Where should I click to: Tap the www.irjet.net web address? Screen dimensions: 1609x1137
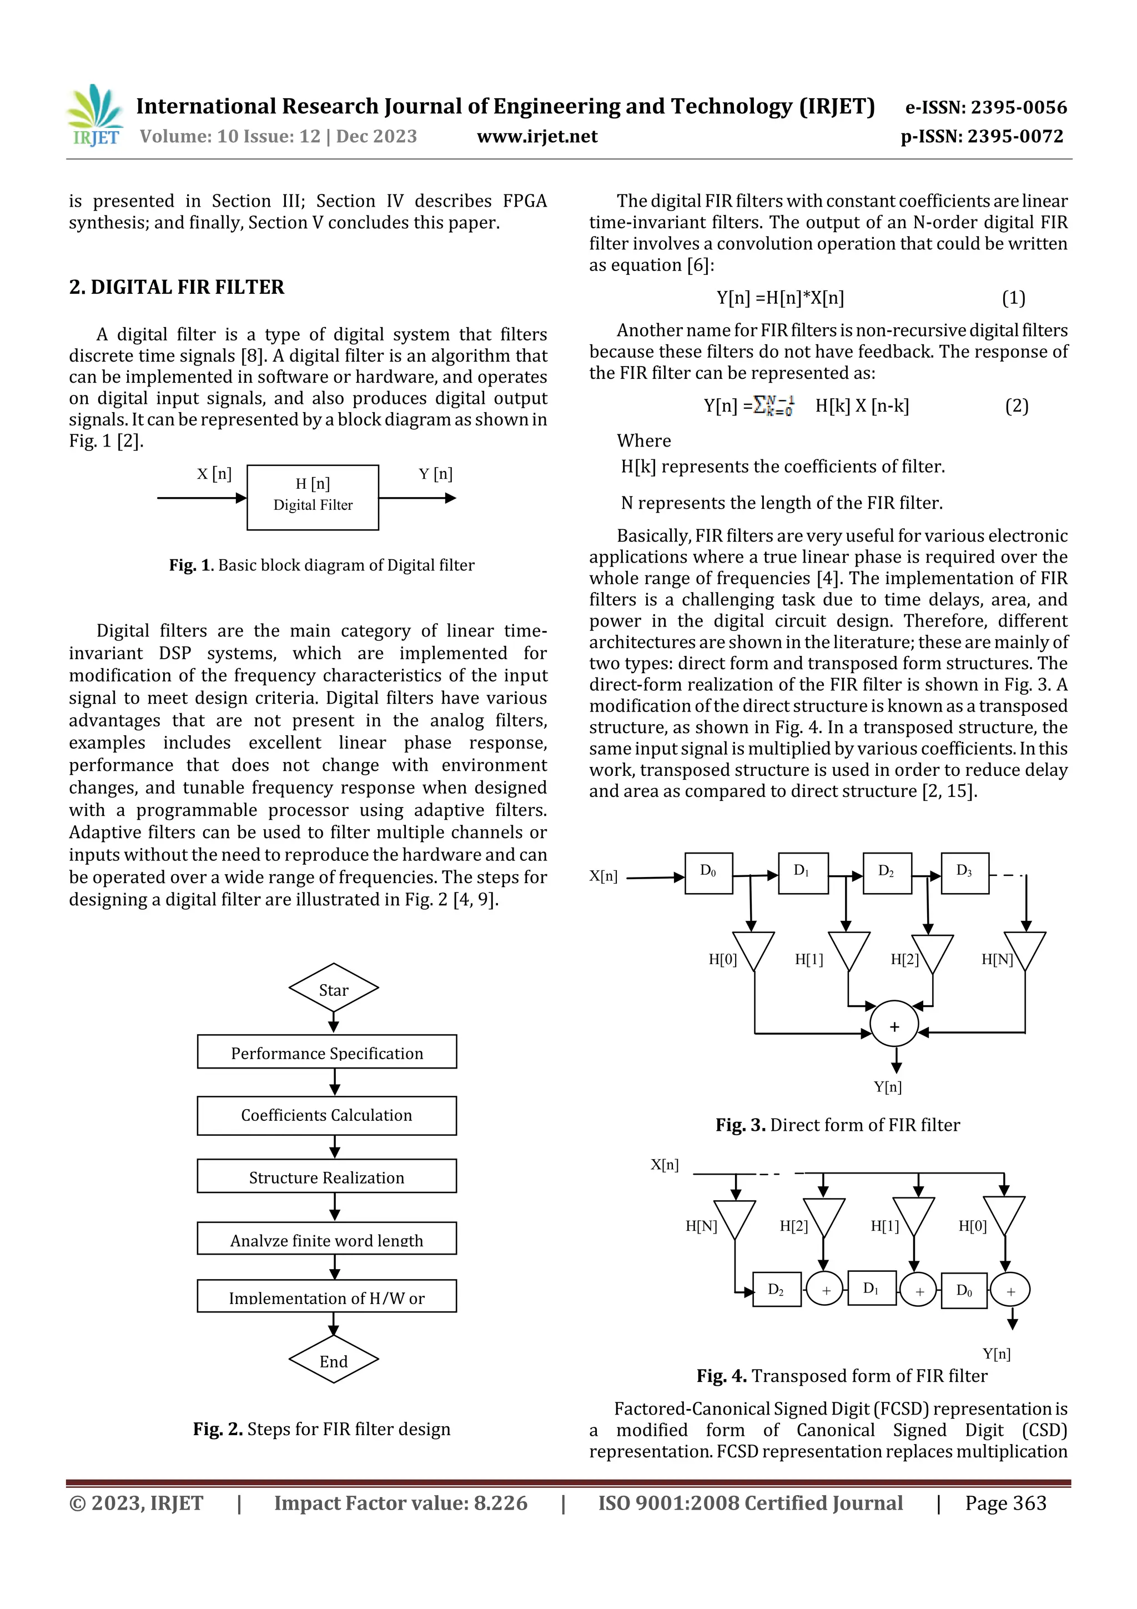(x=537, y=137)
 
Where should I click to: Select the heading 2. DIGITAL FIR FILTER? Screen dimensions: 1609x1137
(x=177, y=287)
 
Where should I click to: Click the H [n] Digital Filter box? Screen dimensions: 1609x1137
(x=313, y=497)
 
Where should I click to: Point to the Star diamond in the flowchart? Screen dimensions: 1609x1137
(x=334, y=989)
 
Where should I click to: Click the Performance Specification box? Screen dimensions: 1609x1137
(x=326, y=1052)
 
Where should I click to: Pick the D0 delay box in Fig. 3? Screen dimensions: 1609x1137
(x=708, y=873)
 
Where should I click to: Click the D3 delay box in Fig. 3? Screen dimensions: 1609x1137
(x=965, y=873)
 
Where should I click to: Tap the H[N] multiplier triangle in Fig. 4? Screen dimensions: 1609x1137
(x=735, y=1217)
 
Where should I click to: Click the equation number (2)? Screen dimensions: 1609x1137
(x=1017, y=406)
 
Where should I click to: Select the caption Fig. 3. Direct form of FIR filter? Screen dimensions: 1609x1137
(x=837, y=1125)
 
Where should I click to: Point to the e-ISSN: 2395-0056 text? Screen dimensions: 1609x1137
(x=985, y=107)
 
